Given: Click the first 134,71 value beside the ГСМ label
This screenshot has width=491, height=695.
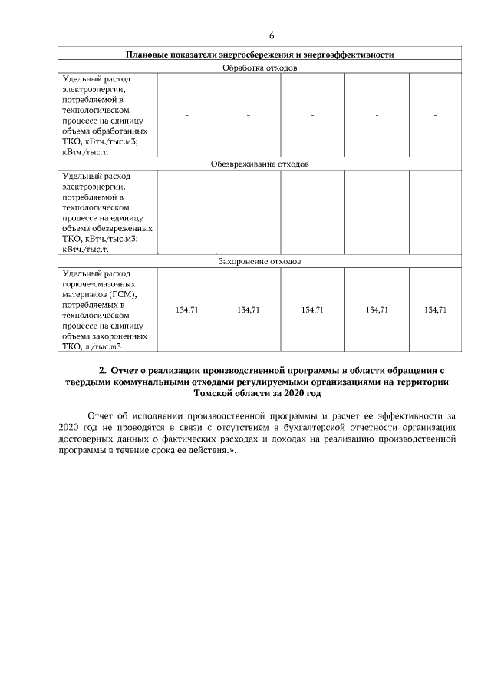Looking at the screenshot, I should point(186,309).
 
